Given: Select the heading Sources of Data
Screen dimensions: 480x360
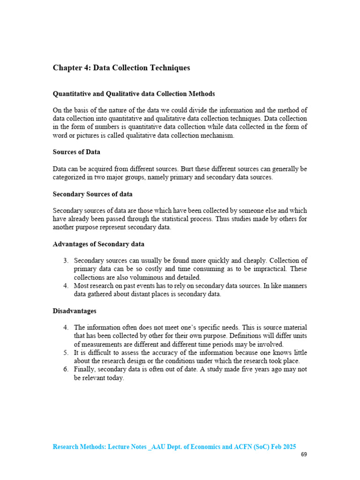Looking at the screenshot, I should [x=76, y=152].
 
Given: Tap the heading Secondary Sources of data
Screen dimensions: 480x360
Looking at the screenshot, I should [x=92, y=194].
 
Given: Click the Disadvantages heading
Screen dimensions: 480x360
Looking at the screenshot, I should [x=74, y=311].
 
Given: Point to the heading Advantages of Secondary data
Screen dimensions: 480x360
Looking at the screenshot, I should [x=98, y=244].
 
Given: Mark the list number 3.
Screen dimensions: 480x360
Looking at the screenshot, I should [x=66, y=261].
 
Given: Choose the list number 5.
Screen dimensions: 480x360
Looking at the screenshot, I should [x=66, y=352].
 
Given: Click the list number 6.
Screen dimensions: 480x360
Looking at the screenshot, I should [x=66, y=369].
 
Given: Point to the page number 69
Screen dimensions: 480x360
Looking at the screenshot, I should [x=304, y=454].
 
